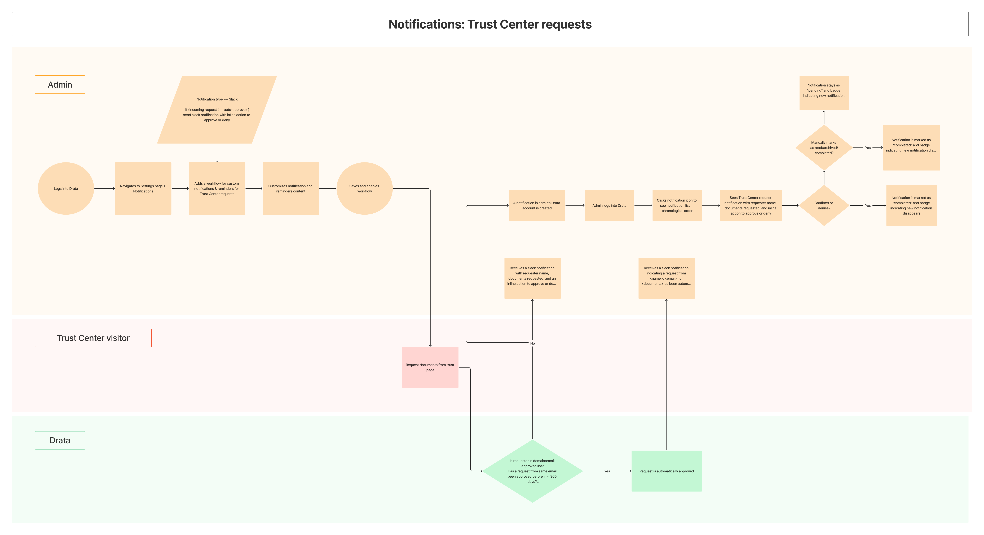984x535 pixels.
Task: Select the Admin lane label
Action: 60,84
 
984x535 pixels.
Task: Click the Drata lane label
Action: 60,440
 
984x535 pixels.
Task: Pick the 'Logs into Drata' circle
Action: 66,188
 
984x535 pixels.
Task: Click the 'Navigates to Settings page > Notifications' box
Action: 143,188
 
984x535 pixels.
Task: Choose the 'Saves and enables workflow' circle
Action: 364,188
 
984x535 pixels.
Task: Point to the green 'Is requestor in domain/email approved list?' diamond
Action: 532,471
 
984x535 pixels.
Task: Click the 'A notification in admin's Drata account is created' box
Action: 537,205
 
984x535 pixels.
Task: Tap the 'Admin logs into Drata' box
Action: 609,205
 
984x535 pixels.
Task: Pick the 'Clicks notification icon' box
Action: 677,205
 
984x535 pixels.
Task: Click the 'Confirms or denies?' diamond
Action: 824,205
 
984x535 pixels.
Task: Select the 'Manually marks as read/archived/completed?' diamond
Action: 824,148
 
